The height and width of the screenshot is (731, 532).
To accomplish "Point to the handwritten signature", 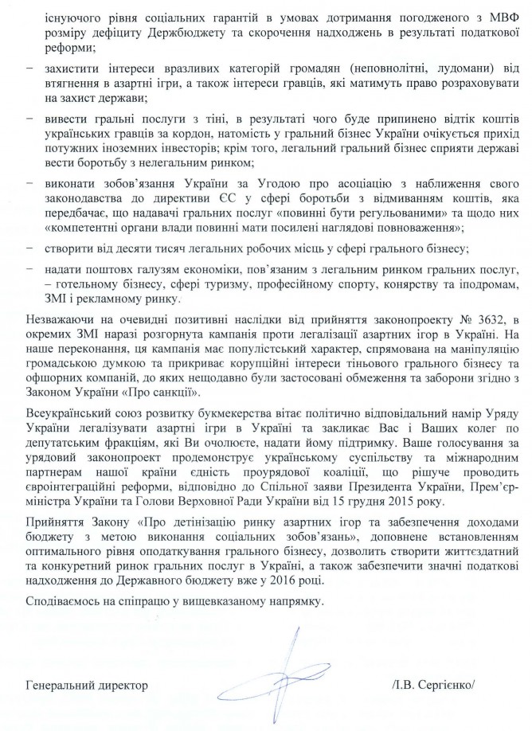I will tap(278, 677).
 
